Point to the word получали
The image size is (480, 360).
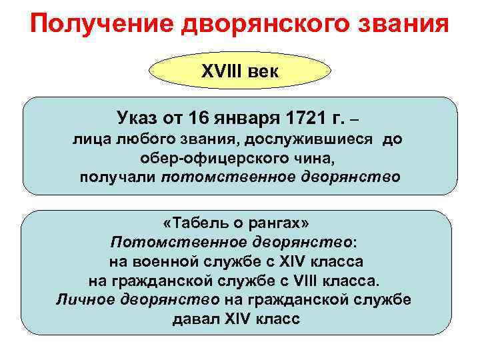click(x=119, y=178)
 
